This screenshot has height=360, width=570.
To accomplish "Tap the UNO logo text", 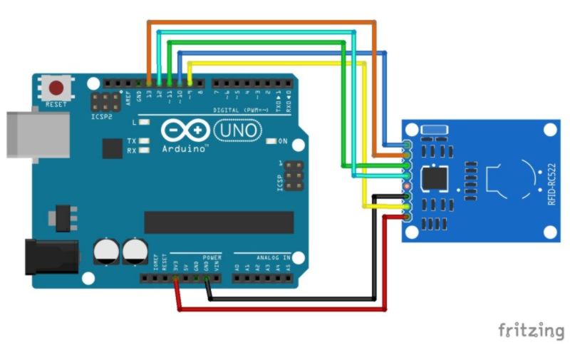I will pos(237,132).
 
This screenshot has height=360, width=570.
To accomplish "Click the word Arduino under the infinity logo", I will pos(184,149).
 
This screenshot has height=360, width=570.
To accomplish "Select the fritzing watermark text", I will pos(530,330).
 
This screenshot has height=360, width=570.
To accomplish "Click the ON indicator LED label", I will pos(283,140).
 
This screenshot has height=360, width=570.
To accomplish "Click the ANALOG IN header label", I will pos(262,255).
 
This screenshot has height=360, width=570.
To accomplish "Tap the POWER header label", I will pos(212,255).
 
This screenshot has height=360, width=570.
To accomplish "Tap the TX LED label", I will pos(131,141).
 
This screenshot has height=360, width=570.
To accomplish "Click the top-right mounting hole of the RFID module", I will pos(549,130).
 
